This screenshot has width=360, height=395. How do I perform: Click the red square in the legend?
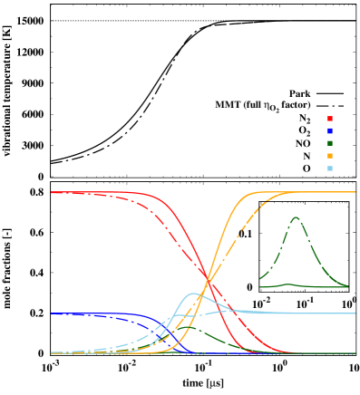(x=330, y=119)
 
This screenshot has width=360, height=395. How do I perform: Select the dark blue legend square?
(x=330, y=131)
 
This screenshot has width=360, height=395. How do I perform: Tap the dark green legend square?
(x=330, y=143)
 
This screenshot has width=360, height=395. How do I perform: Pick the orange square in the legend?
(x=330, y=156)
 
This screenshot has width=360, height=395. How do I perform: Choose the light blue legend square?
(x=330, y=169)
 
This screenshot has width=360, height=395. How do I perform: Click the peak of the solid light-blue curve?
(x=192, y=294)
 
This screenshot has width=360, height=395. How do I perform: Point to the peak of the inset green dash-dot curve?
(x=296, y=217)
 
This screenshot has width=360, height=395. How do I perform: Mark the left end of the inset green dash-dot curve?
(x=260, y=278)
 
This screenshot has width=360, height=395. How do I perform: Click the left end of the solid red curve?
(x=52, y=192)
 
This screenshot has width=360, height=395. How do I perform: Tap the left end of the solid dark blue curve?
(x=52, y=313)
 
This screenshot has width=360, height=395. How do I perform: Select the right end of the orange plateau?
(x=355, y=192)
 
